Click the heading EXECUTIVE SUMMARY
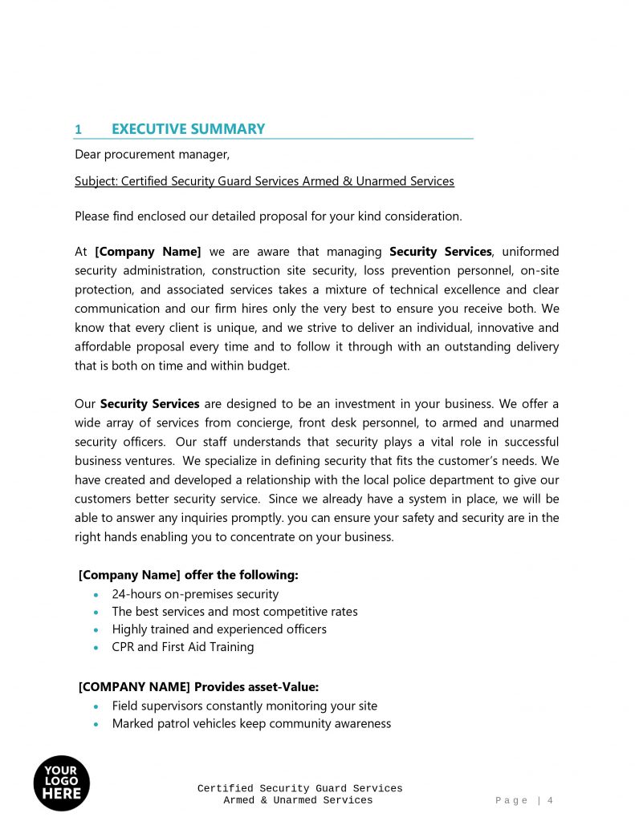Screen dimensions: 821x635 point(188,129)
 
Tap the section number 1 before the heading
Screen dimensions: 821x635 point(78,130)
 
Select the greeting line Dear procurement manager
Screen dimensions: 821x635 point(152,155)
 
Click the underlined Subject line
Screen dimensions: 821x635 point(264,181)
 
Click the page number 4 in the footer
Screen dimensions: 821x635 point(551,800)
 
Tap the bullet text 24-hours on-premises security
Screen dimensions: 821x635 point(195,594)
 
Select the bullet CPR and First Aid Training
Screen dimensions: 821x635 point(182,647)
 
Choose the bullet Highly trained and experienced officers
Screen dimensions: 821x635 point(219,629)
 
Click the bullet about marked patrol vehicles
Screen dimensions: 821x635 point(251,724)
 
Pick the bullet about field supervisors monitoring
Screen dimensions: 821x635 point(244,706)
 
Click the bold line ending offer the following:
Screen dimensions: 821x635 point(189,575)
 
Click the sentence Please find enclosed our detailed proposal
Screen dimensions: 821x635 point(268,216)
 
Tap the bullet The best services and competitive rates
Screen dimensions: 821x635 point(234,612)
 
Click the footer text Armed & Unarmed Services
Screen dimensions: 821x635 point(298,800)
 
